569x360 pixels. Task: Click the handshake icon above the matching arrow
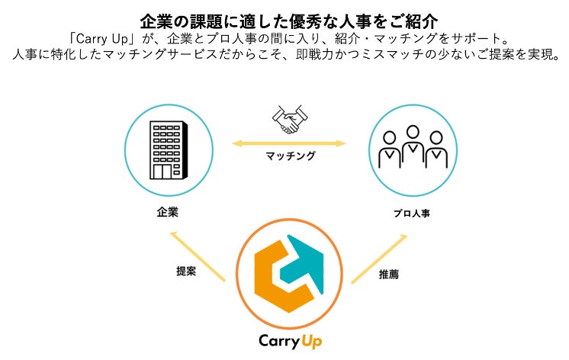click(289, 120)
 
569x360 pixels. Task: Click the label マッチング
click(290, 156)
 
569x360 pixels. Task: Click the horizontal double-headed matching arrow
click(289, 142)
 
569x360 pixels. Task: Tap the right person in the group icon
click(437, 151)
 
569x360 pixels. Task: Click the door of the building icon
click(162, 171)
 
